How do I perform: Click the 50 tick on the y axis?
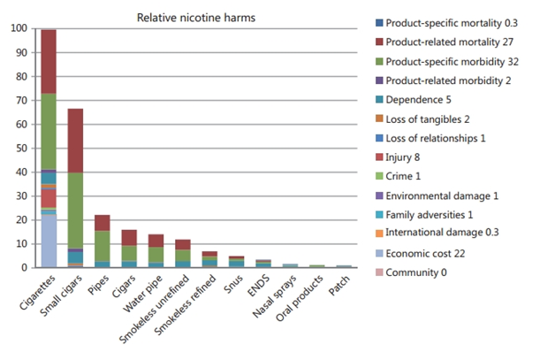(19, 148)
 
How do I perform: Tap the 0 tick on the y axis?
(22, 267)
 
